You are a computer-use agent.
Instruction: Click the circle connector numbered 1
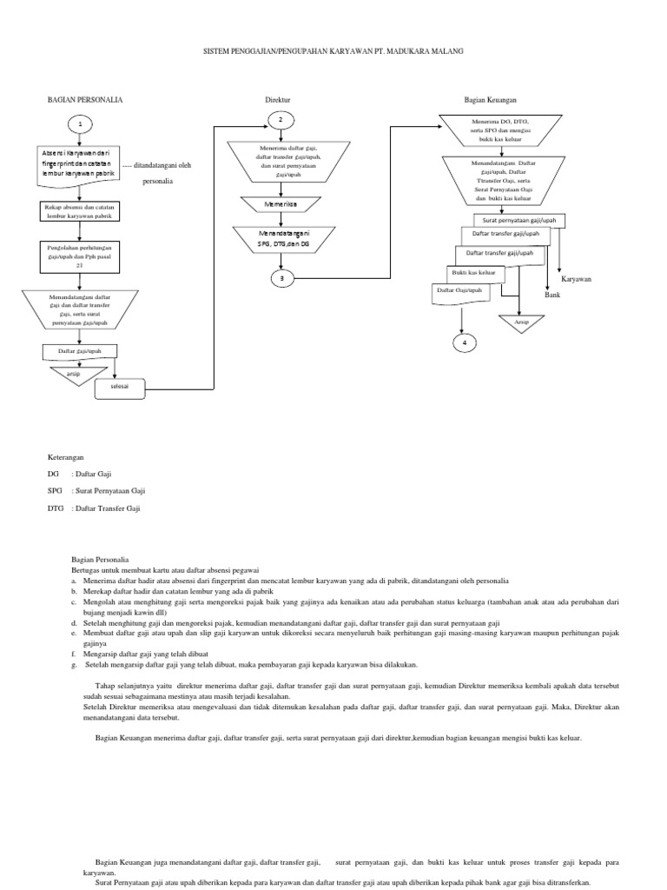pos(79,125)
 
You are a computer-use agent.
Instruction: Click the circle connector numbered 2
pos(281,119)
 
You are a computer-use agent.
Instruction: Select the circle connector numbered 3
pos(281,278)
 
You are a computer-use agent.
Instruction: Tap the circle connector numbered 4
pos(464,342)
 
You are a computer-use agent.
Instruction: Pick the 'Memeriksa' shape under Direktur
pos(280,204)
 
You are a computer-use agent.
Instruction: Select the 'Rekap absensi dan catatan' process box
pos(79,210)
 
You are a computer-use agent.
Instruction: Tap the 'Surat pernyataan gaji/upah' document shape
pos(518,221)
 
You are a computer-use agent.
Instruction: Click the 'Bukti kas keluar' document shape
pos(460,272)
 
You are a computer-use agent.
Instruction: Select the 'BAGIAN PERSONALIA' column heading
pos(84,100)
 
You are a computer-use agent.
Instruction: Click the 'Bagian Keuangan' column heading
pos(492,100)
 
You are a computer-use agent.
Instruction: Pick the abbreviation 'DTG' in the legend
pos(56,508)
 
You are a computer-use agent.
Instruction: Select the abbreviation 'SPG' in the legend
pos(56,490)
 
